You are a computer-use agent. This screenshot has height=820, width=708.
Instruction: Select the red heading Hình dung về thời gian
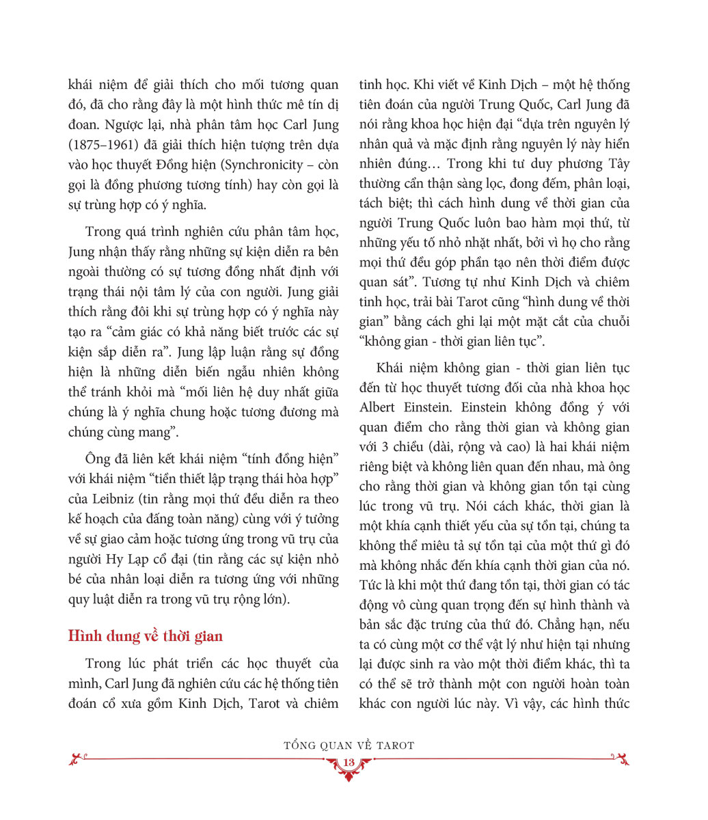(146, 636)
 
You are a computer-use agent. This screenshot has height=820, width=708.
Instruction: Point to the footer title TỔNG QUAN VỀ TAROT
(349, 745)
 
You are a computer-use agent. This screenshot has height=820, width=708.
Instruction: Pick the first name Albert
(380, 407)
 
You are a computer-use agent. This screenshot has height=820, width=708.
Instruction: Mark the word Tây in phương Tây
(618, 164)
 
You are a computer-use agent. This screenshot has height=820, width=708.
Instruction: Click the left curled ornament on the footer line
(77, 758)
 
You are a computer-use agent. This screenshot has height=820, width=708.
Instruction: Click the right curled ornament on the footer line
(621, 758)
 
